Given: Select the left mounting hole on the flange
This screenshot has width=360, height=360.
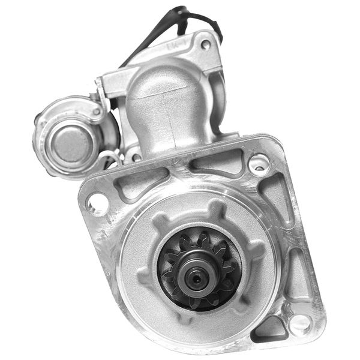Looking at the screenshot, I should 97,203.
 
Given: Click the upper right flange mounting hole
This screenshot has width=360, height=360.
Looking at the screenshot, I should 259,163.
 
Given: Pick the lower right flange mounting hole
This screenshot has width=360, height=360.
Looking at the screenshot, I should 299,325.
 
